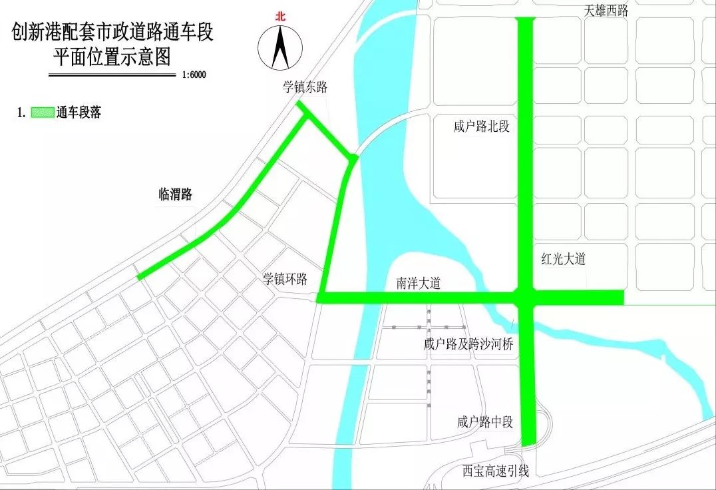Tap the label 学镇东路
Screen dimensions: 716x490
[305, 87]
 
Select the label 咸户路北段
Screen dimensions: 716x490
[482, 126]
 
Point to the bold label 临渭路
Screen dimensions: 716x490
[175, 194]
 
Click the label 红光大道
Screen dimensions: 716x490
[563, 259]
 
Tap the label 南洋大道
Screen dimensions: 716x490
[419, 283]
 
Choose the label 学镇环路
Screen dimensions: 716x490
[285, 279]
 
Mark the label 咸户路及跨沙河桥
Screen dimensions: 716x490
[468, 344]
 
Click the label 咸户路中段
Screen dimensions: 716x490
[485, 421]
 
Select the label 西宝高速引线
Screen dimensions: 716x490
[496, 471]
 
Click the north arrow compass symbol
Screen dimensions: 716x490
[280, 49]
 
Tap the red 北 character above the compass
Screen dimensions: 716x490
[280, 18]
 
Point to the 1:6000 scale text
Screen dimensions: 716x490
[194, 75]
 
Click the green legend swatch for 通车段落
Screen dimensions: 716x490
[43, 113]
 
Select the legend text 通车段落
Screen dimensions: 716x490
[79, 113]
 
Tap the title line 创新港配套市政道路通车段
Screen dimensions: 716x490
[112, 31]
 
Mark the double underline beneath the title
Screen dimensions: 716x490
[112, 75]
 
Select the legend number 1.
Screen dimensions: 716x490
[21, 113]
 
